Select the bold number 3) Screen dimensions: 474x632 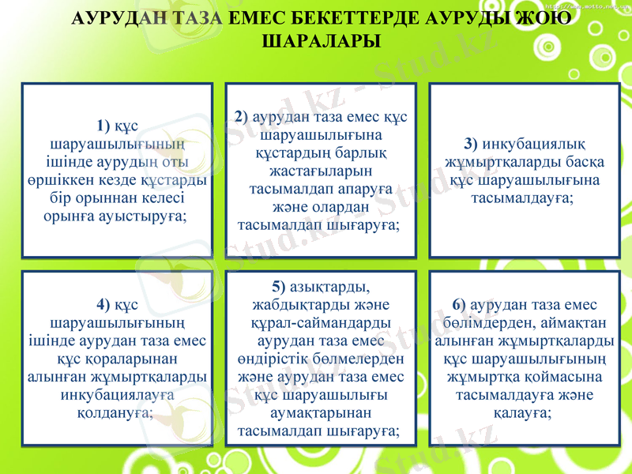[x=471, y=144]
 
